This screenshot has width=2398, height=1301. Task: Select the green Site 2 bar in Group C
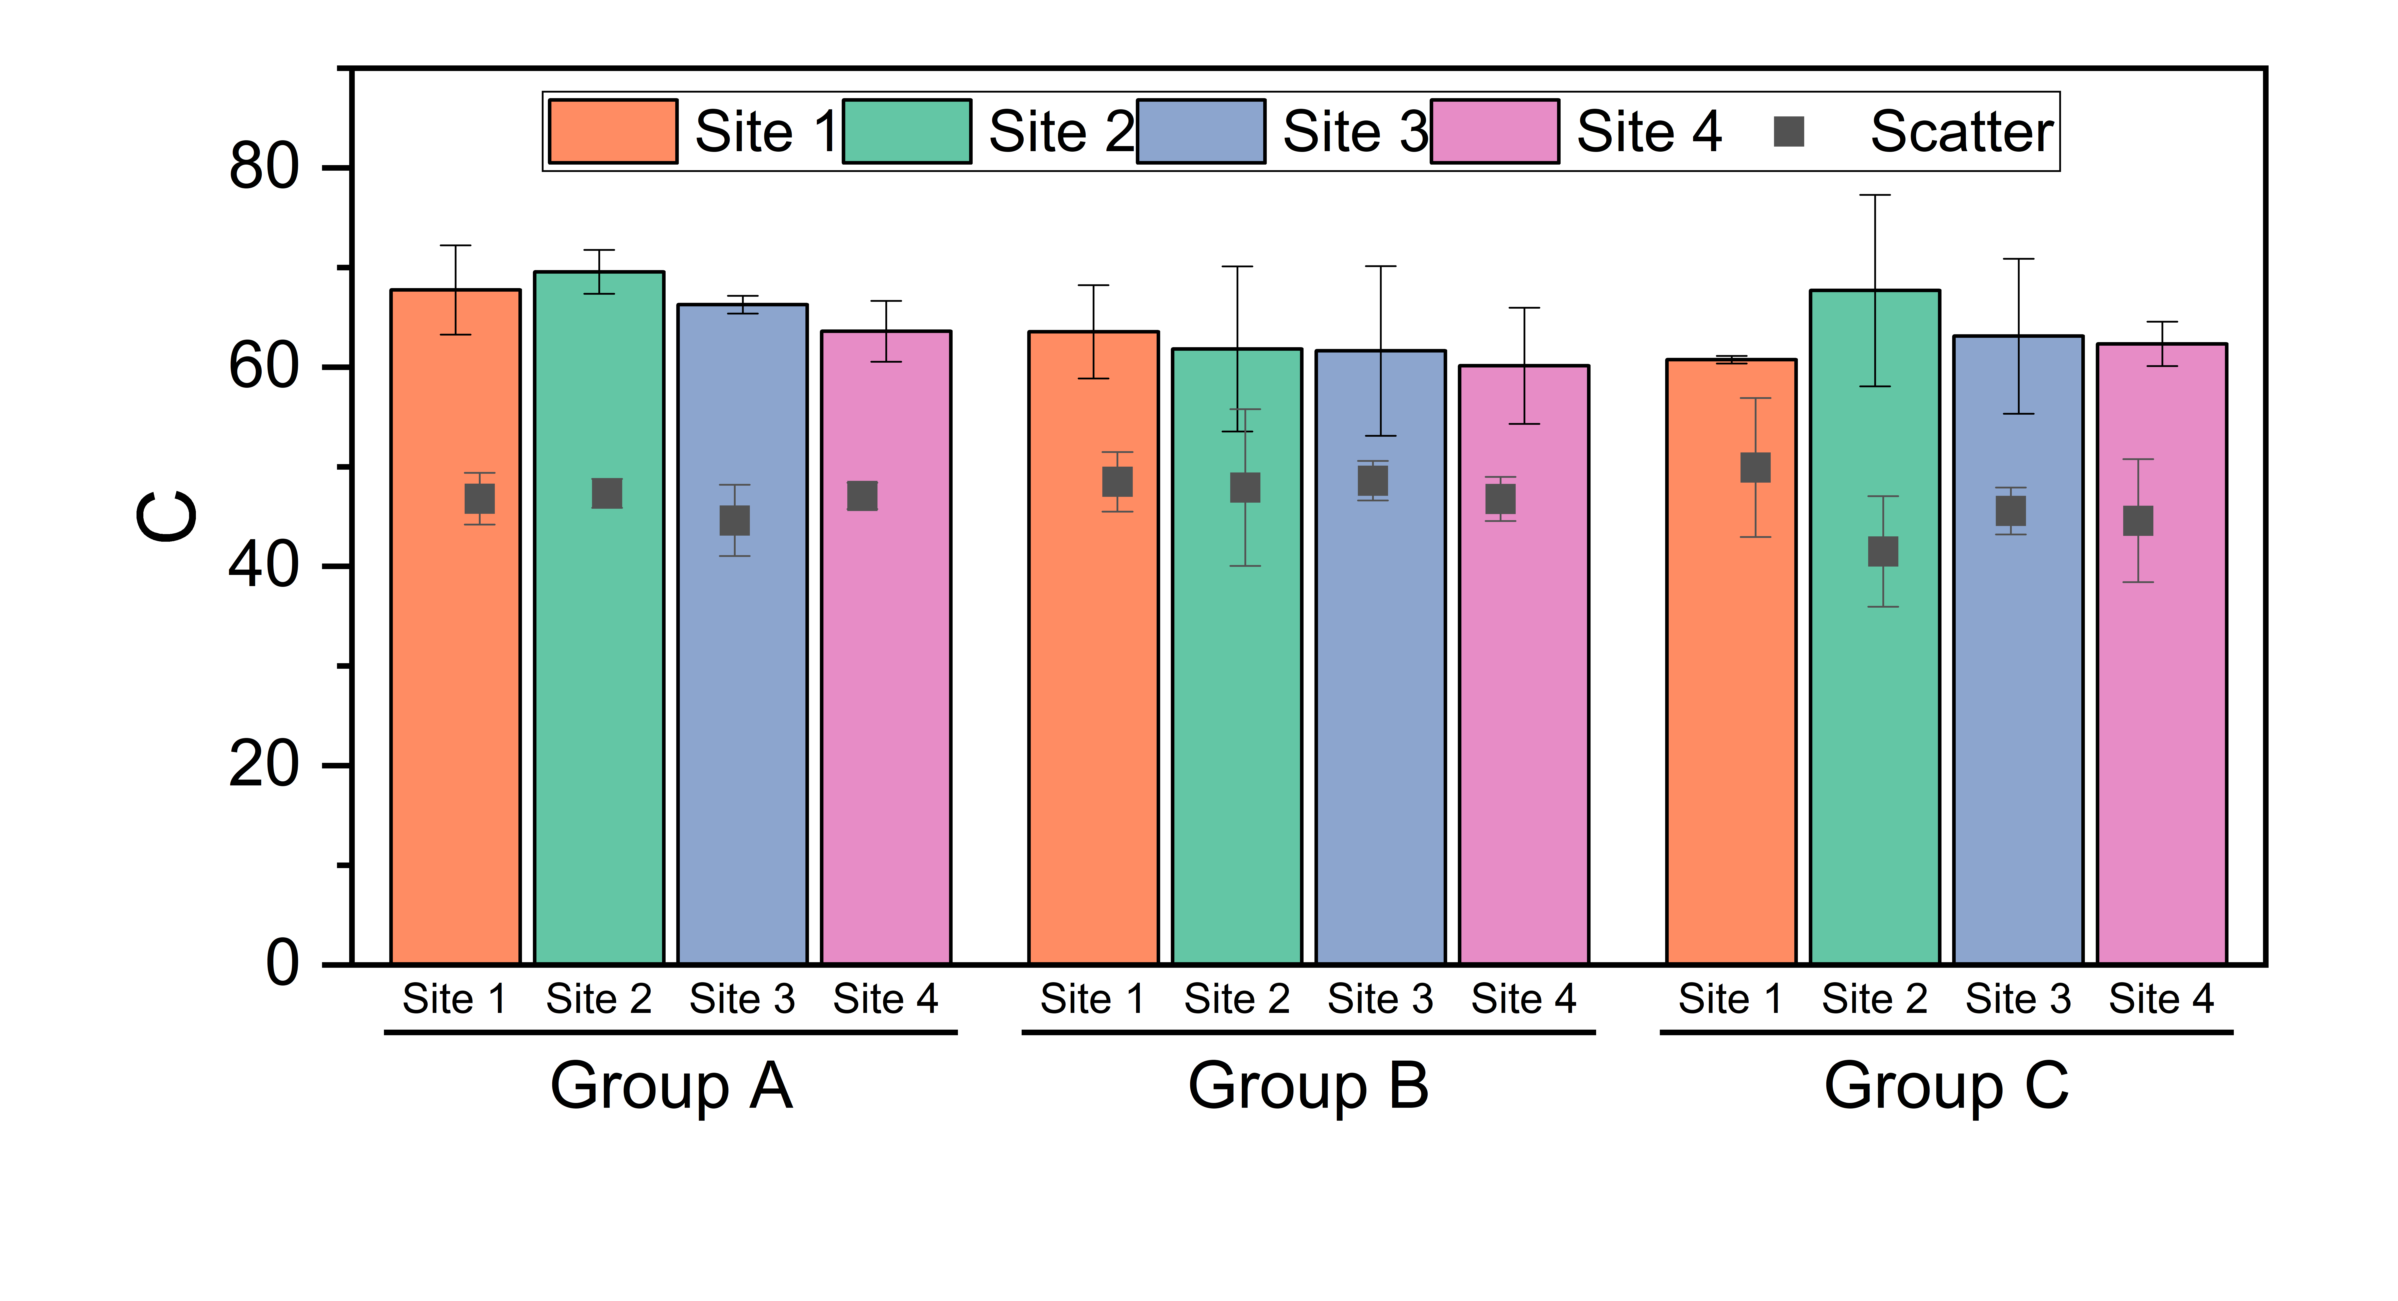click(x=1875, y=627)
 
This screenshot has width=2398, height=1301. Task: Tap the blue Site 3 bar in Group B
click(x=1380, y=657)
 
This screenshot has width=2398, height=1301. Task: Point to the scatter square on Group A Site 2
click(x=607, y=493)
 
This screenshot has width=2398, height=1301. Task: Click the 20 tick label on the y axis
click(x=264, y=765)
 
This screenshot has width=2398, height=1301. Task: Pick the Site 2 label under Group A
click(x=599, y=998)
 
